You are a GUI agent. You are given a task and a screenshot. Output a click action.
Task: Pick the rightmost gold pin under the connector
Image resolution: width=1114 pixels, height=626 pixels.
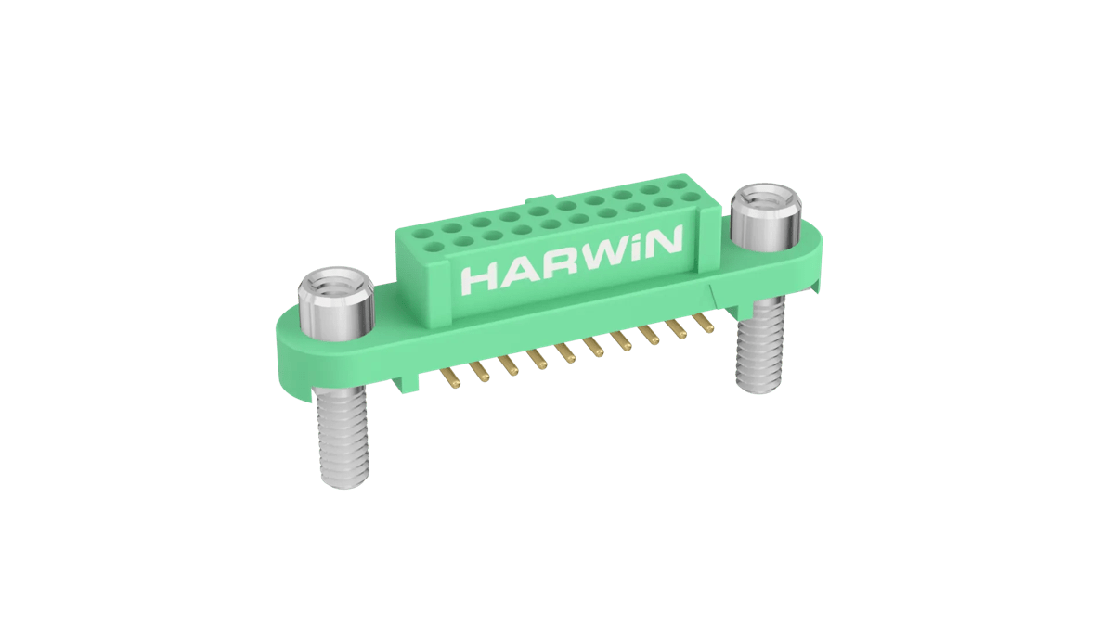pos(706,324)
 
